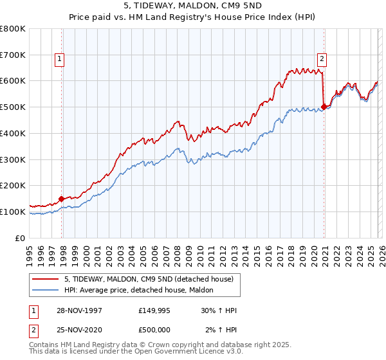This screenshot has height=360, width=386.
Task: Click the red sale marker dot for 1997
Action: pos(62,199)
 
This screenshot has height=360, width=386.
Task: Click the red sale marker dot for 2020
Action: pos(323,107)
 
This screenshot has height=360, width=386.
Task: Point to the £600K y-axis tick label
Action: pos(13,81)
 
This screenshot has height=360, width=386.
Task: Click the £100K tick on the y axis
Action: pos(13,212)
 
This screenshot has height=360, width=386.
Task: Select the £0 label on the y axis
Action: pos(21,238)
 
